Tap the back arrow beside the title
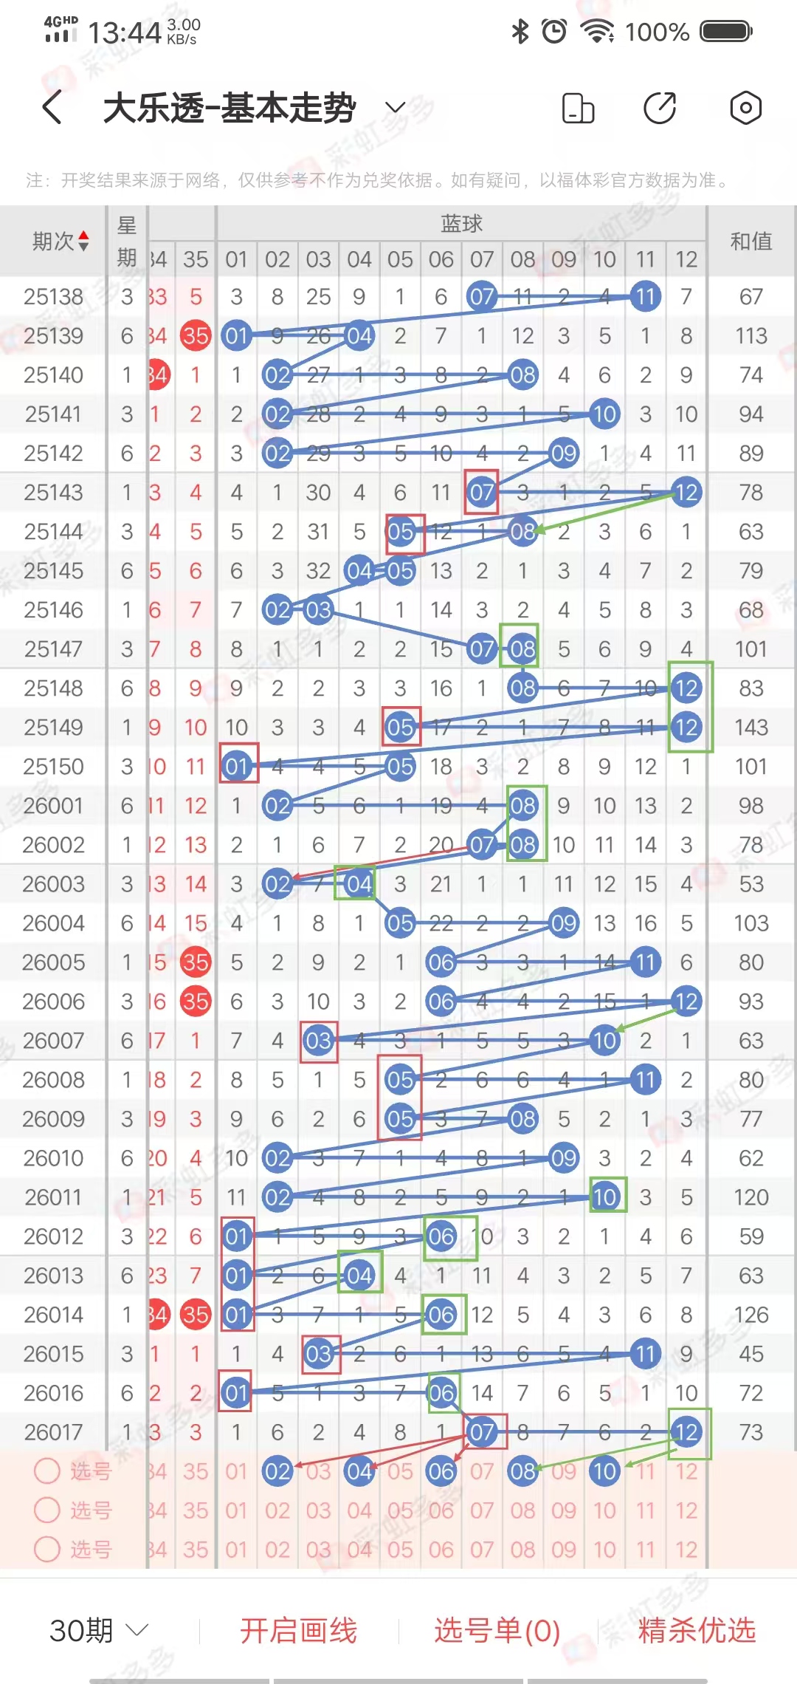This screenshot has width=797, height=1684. tap(52, 108)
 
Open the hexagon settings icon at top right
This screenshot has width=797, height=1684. tap(745, 108)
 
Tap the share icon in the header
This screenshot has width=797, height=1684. tap(660, 108)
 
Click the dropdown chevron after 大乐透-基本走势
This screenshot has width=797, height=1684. tap(396, 108)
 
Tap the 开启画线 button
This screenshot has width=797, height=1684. tap(298, 1630)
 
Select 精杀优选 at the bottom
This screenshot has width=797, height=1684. tap(697, 1630)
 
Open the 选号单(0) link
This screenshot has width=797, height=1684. tap(497, 1630)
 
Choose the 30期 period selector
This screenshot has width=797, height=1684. tap(99, 1630)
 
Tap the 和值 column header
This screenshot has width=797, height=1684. tap(751, 241)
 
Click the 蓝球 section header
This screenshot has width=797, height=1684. tap(461, 223)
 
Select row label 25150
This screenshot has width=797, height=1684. tap(53, 767)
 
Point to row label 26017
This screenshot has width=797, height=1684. tap(53, 1432)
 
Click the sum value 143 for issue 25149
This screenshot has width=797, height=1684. tap(751, 728)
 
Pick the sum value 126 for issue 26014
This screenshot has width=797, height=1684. tap(751, 1315)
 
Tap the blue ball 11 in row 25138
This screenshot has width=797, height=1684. tap(646, 297)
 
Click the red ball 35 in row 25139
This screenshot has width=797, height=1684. tap(196, 336)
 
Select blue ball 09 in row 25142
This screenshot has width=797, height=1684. tap(564, 453)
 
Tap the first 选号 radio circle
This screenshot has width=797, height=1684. tap(47, 1471)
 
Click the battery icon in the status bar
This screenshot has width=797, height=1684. tap(725, 32)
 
